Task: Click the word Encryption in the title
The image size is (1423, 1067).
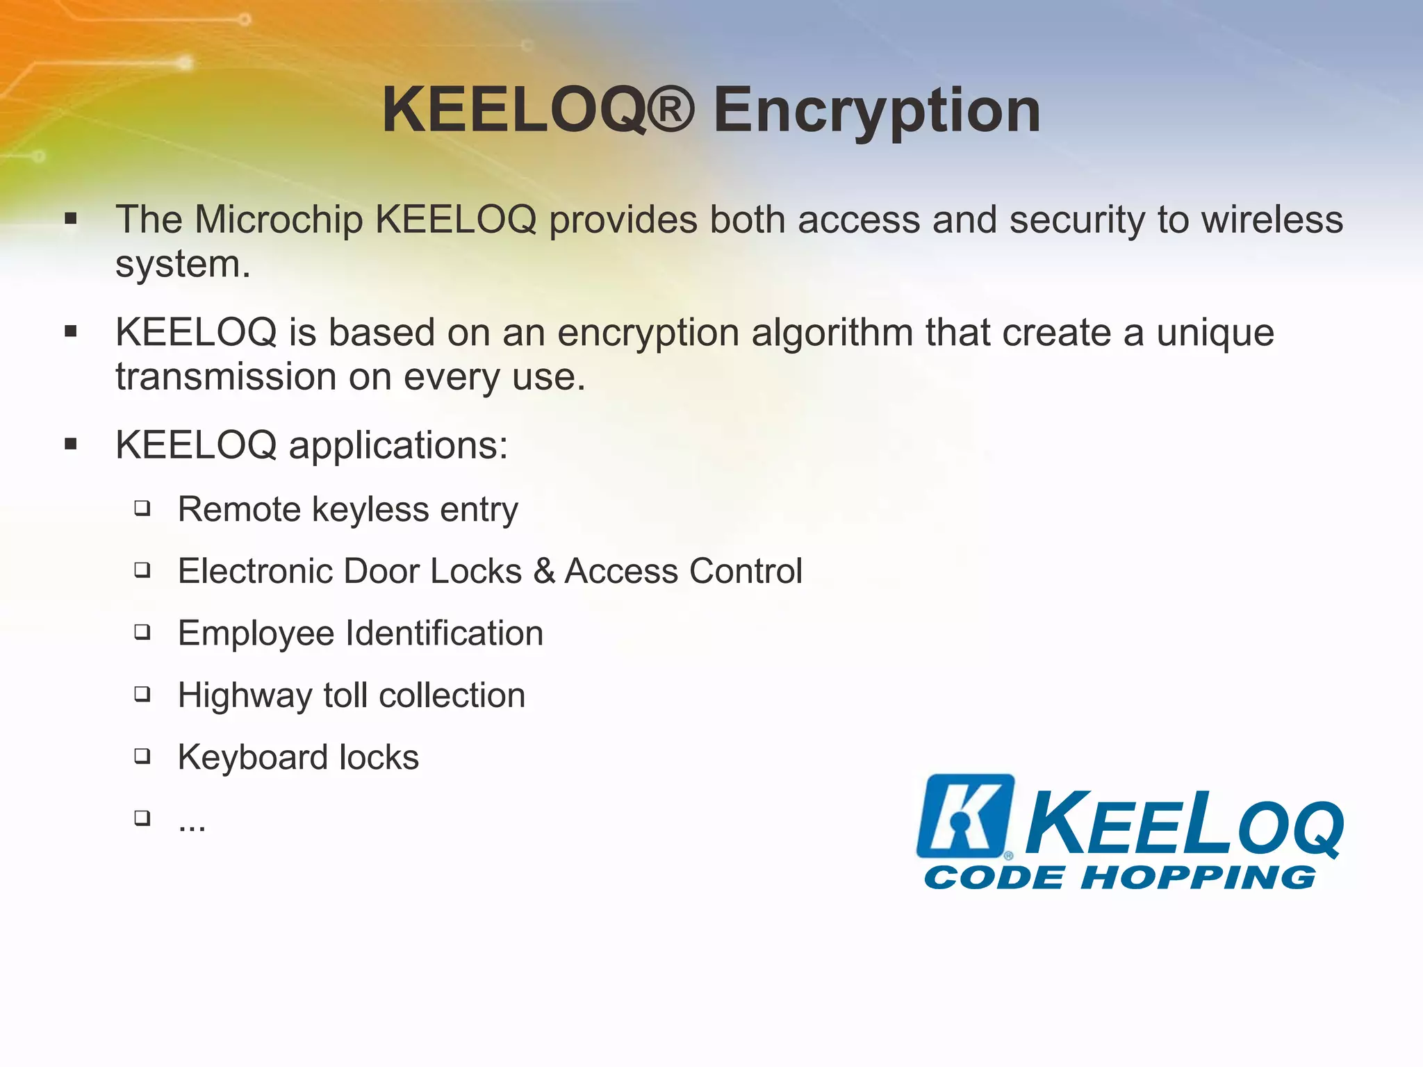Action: click(x=877, y=111)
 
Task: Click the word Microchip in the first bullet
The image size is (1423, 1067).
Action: click(x=279, y=220)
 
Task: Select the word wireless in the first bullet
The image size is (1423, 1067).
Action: click(x=1272, y=220)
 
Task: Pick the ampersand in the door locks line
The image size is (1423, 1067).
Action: click(x=543, y=571)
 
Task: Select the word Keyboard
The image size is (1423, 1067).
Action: click(x=252, y=757)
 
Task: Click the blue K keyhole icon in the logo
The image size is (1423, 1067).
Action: click(x=964, y=816)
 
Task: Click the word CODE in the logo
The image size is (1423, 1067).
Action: click(x=994, y=877)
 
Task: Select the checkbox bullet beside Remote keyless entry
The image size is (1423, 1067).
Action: click(x=142, y=509)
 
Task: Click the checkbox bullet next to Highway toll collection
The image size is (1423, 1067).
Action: click(x=142, y=695)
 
